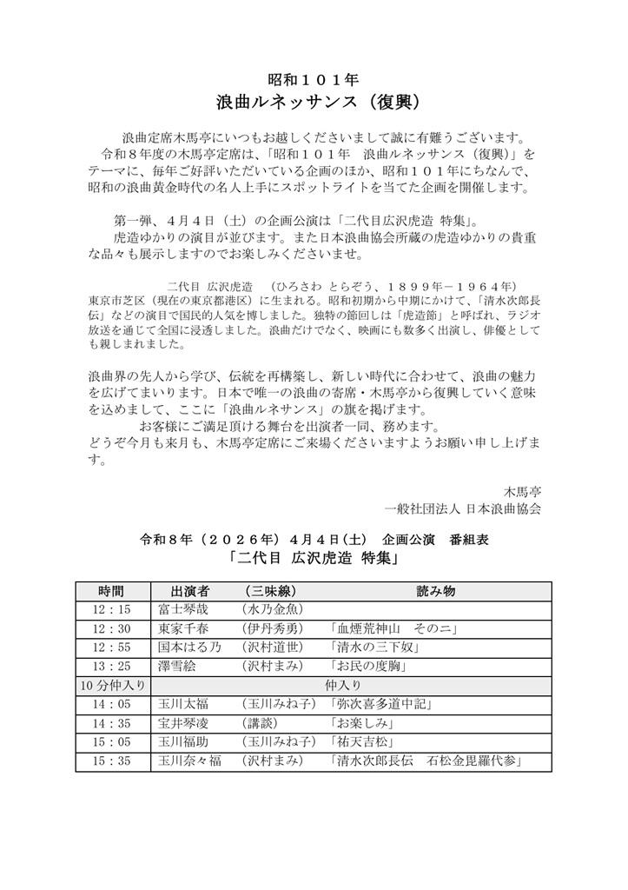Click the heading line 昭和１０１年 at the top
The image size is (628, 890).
pos(313,78)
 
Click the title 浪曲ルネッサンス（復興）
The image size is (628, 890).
pos(313,102)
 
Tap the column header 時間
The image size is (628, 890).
pos(113,590)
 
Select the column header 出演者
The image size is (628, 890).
pos(175,590)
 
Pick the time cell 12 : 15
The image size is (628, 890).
pos(113,609)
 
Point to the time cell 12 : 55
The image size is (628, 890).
pos(113,648)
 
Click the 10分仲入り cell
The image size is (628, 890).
pos(113,686)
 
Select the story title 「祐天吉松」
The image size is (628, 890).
pos(363,743)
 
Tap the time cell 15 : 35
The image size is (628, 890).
pos(113,762)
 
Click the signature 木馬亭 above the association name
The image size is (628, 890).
pos(523,491)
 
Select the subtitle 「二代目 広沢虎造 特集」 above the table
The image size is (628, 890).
pos(314,559)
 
